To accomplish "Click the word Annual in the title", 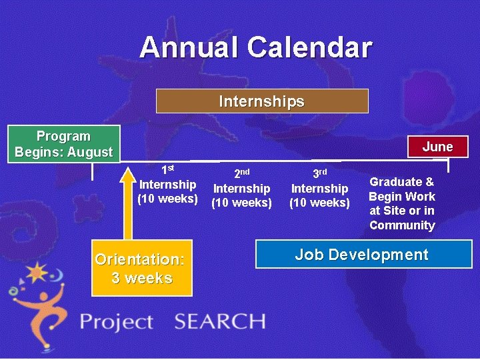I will [x=189, y=47].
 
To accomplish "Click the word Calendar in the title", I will [x=309, y=47].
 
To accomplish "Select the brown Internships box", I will [x=262, y=101].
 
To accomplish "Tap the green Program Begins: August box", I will [x=64, y=144].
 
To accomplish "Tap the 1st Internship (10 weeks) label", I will [x=168, y=184].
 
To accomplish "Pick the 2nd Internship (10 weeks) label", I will [x=241, y=189].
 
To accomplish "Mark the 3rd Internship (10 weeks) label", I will [x=319, y=189].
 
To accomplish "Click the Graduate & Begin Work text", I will [x=402, y=189].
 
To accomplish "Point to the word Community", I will [x=402, y=225].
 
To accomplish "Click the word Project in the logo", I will [x=117, y=323].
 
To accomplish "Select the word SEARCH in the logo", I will [x=219, y=322].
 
